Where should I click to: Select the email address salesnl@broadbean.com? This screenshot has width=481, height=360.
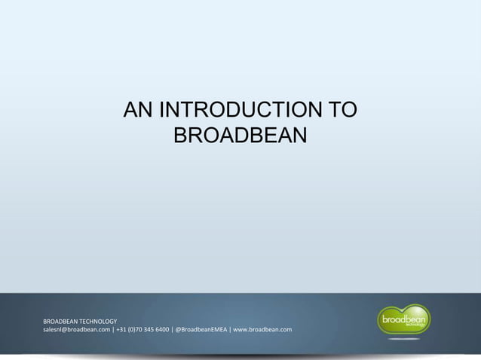point(75,330)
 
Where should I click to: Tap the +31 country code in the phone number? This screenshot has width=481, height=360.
point(122,330)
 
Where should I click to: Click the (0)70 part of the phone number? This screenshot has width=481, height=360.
point(139,330)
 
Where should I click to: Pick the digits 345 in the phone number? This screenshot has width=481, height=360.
point(156,330)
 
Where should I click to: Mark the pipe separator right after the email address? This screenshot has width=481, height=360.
point(113,330)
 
